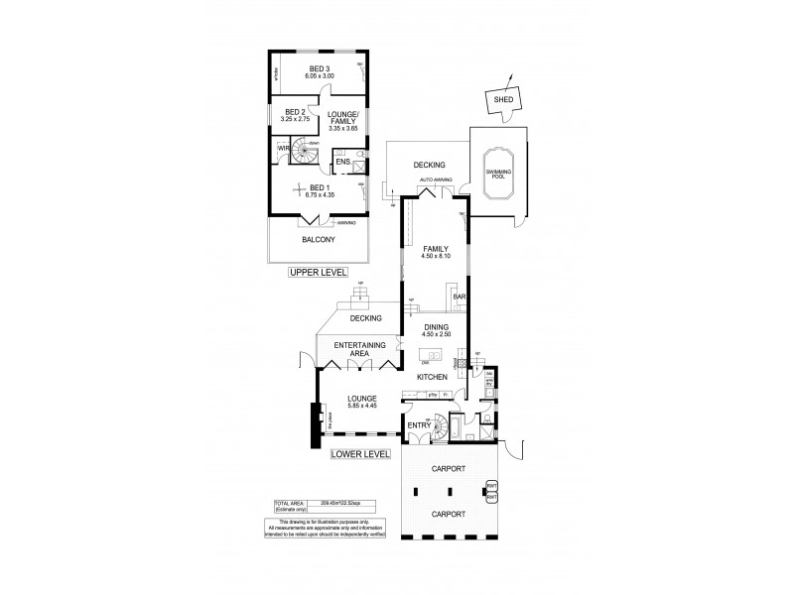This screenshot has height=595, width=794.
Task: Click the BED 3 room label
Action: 319,66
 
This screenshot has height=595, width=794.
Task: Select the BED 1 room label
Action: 318,186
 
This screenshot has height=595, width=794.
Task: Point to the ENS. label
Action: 341,161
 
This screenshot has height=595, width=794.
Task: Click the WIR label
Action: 283,149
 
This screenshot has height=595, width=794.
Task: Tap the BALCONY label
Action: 318,240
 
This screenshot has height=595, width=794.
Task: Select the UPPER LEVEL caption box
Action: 315,272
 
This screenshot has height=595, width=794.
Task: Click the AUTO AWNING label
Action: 436,179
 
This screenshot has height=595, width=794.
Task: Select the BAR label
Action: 460,296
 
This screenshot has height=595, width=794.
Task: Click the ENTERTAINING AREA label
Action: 358,349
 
